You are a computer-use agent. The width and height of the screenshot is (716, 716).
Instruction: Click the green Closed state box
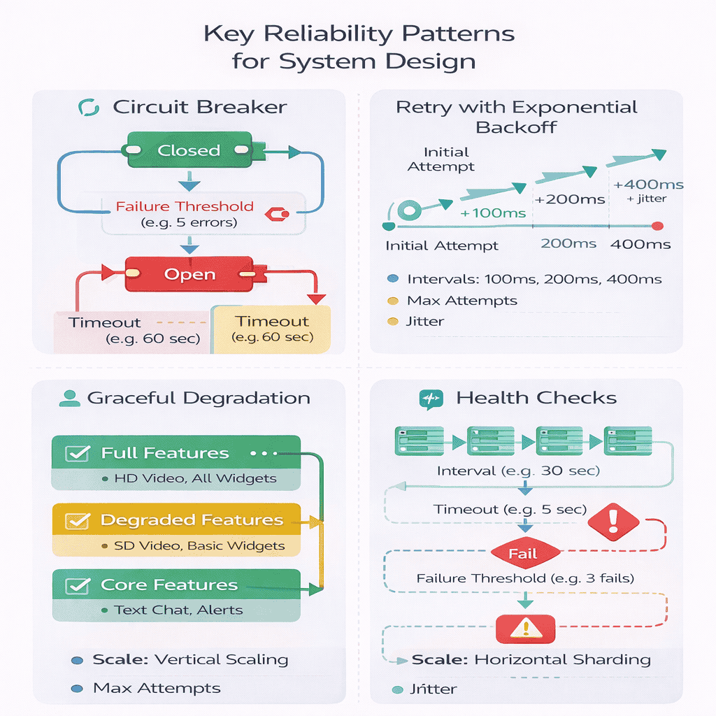tap(189, 150)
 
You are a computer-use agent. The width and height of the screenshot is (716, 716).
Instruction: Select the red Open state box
tap(189, 274)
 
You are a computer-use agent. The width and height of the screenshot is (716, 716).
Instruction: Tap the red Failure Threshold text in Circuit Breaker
tap(185, 206)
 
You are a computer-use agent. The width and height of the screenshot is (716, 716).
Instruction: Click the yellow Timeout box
tap(271, 329)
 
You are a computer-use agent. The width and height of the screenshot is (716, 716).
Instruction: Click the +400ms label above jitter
tap(647, 185)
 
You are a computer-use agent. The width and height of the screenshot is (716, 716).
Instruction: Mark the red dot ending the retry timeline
tap(657, 225)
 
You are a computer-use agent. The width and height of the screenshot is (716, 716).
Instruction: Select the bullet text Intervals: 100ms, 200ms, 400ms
tap(534, 279)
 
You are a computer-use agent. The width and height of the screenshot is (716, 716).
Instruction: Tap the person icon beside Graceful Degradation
tap(68, 399)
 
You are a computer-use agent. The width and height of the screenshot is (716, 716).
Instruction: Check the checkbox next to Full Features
tap(76, 453)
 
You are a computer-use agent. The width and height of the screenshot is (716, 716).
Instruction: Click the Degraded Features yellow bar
tap(176, 520)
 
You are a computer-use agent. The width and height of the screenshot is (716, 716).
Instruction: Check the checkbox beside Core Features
tap(76, 585)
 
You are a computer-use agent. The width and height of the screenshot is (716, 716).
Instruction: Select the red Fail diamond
tap(522, 554)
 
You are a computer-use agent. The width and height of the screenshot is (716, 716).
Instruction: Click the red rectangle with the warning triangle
tap(524, 629)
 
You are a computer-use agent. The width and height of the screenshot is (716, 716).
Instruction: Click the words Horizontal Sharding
tap(562, 659)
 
